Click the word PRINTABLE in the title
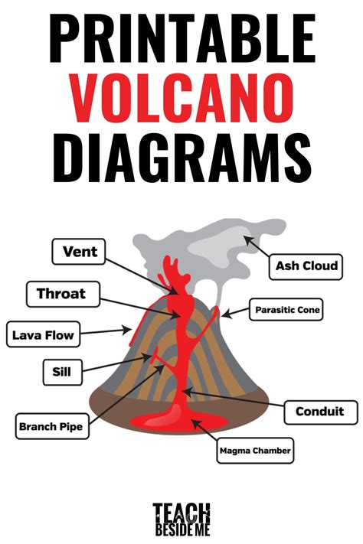tap(182, 38)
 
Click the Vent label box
tap(79, 252)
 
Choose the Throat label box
tap(64, 295)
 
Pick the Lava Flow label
tap(44, 334)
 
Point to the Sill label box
tap(63, 373)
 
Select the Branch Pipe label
tap(52, 426)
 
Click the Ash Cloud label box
tap(306, 267)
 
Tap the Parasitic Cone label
tap(286, 309)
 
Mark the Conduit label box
tap(321, 412)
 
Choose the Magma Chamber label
tap(255, 451)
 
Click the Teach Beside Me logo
tap(181, 520)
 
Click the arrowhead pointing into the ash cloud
tap(247, 239)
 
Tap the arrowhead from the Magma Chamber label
tap(195, 423)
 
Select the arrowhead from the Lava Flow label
tap(126, 330)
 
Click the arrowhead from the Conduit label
tap(187, 392)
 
